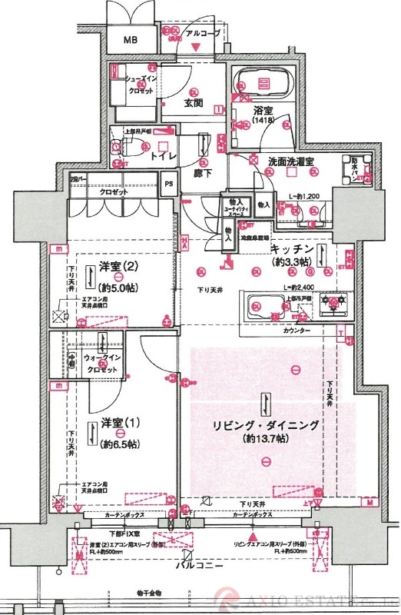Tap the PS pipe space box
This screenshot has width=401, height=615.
(x=168, y=183)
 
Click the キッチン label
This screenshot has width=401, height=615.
(x=291, y=251)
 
